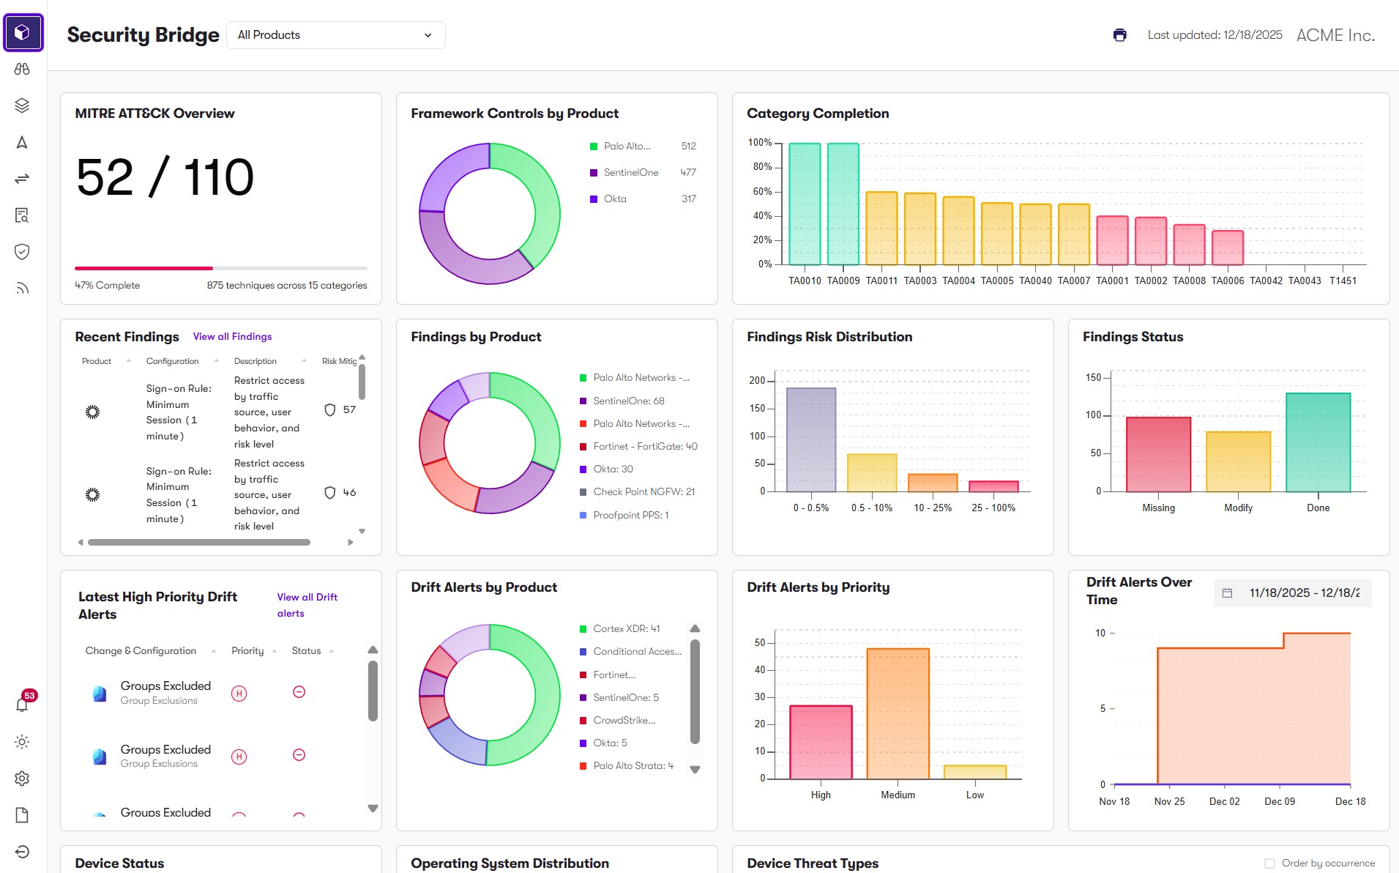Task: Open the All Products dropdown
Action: pyautogui.click(x=336, y=35)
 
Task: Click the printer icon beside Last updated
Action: pyautogui.click(x=1119, y=35)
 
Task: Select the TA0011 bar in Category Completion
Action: pyautogui.click(x=881, y=228)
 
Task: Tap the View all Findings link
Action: pyautogui.click(x=232, y=337)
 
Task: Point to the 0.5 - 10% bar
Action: pyautogui.click(x=872, y=473)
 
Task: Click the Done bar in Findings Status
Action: pyautogui.click(x=1318, y=442)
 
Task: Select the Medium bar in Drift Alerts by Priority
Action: pyautogui.click(x=898, y=713)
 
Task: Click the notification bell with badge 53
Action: pyautogui.click(x=23, y=704)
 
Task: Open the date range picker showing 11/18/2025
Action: pyautogui.click(x=1293, y=593)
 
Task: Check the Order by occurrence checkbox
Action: pyautogui.click(x=1270, y=863)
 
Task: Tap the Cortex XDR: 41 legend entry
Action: pyautogui.click(x=620, y=629)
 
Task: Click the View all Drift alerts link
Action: pyautogui.click(x=307, y=606)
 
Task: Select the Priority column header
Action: pyautogui.click(x=247, y=651)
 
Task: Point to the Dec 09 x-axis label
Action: pyautogui.click(x=1279, y=801)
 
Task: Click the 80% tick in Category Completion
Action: pyautogui.click(x=762, y=167)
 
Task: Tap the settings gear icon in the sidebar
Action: pyautogui.click(x=22, y=779)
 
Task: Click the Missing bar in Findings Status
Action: pyautogui.click(x=1158, y=454)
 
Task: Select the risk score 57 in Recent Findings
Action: pyautogui.click(x=349, y=410)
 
